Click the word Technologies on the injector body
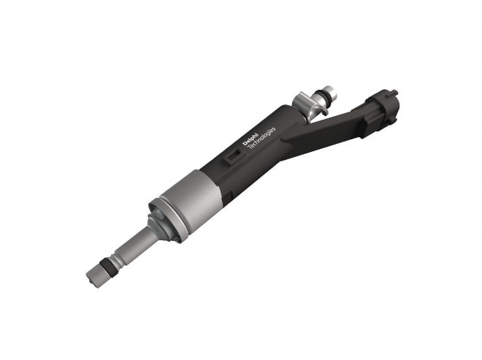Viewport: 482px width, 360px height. click(x=261, y=137)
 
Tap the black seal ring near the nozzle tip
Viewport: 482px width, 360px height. click(x=109, y=265)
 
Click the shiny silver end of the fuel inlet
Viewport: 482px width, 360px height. click(x=330, y=93)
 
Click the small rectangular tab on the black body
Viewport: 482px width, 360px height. click(x=234, y=156)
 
